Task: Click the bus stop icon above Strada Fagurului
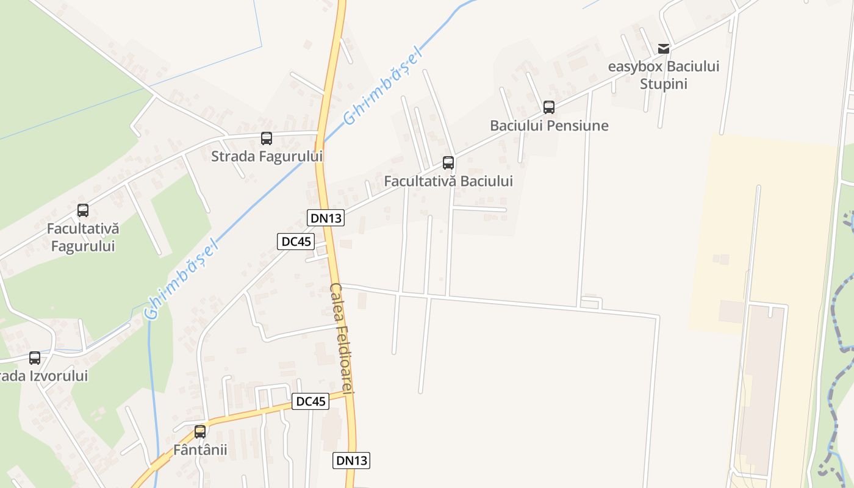(267, 138)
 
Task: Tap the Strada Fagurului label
(267, 156)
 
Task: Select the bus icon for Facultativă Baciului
(448, 163)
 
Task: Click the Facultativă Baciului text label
(448, 181)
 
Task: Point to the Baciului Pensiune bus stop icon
(549, 107)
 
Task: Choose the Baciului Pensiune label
(549, 126)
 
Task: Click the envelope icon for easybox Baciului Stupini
(664, 49)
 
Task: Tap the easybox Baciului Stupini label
(664, 74)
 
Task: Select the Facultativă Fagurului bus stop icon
(83, 210)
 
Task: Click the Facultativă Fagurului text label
(83, 237)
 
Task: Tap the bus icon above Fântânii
(200, 432)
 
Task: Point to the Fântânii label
(200, 450)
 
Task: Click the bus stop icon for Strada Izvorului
(35, 358)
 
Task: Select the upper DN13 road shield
(326, 218)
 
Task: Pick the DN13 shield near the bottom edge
(351, 461)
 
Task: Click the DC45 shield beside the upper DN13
(296, 242)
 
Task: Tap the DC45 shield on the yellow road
(310, 401)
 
